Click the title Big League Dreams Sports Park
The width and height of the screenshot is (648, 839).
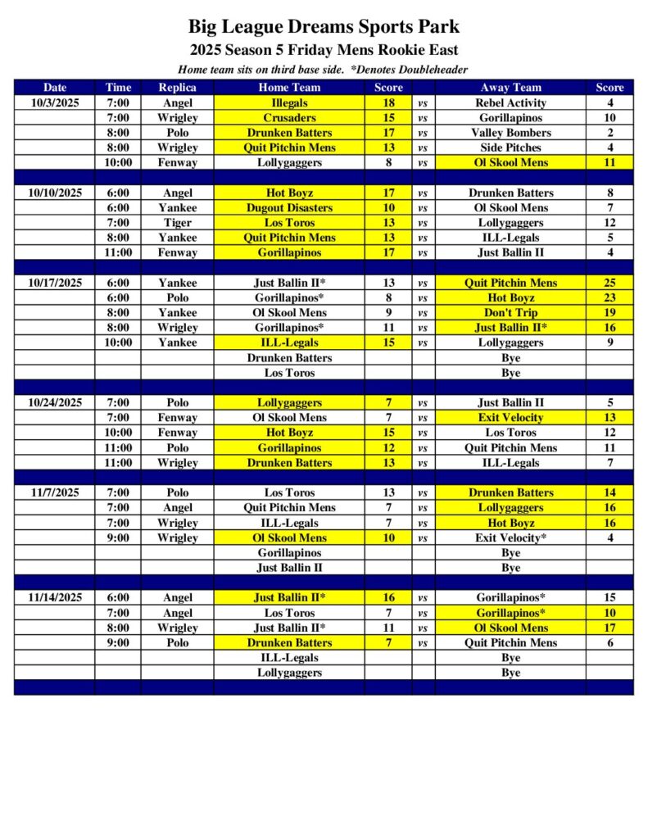click(x=324, y=27)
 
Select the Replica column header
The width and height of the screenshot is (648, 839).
click(x=177, y=88)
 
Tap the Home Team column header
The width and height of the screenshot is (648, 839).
click(x=289, y=88)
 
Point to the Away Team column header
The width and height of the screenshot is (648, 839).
click(x=510, y=88)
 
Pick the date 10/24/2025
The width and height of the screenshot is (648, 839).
click(x=55, y=402)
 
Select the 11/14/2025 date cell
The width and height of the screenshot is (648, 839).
click(x=55, y=597)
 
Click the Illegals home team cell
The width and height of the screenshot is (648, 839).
click(x=289, y=103)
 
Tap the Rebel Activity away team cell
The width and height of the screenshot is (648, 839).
click(x=510, y=103)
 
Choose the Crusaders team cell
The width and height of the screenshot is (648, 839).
click(x=289, y=118)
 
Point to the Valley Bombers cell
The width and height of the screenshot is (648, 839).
click(x=510, y=133)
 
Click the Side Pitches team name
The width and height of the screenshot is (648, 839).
click(x=510, y=147)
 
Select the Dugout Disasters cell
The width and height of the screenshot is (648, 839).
click(x=289, y=208)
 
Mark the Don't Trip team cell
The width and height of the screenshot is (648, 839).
click(x=510, y=312)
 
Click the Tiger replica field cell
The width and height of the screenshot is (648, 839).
click(x=177, y=223)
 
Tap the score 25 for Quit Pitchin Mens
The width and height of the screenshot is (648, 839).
click(x=609, y=283)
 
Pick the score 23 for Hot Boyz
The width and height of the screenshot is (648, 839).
click(x=609, y=297)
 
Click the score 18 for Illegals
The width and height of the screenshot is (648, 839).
click(x=389, y=103)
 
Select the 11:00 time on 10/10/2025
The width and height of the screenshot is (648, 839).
click(x=119, y=252)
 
